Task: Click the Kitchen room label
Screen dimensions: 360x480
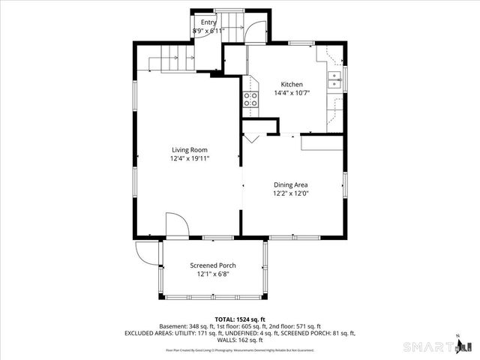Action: pyautogui.click(x=292, y=84)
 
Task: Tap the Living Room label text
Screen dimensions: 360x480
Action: pyautogui.click(x=189, y=149)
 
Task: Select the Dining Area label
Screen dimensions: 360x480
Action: pyautogui.click(x=291, y=184)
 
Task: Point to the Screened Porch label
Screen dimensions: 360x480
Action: pyautogui.click(x=212, y=265)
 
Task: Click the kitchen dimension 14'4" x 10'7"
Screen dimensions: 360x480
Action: pyautogui.click(x=292, y=93)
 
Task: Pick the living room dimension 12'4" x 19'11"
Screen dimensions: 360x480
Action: pyautogui.click(x=189, y=158)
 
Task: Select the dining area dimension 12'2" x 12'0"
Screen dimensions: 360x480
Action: pyautogui.click(x=291, y=193)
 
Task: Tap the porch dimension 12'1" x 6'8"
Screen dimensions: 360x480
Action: pyautogui.click(x=212, y=274)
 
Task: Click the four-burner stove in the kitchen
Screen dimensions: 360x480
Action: pyautogui.click(x=249, y=100)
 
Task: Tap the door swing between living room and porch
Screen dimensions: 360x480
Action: pyautogui.click(x=175, y=224)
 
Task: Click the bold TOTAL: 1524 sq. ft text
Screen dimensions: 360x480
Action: pyautogui.click(x=240, y=319)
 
